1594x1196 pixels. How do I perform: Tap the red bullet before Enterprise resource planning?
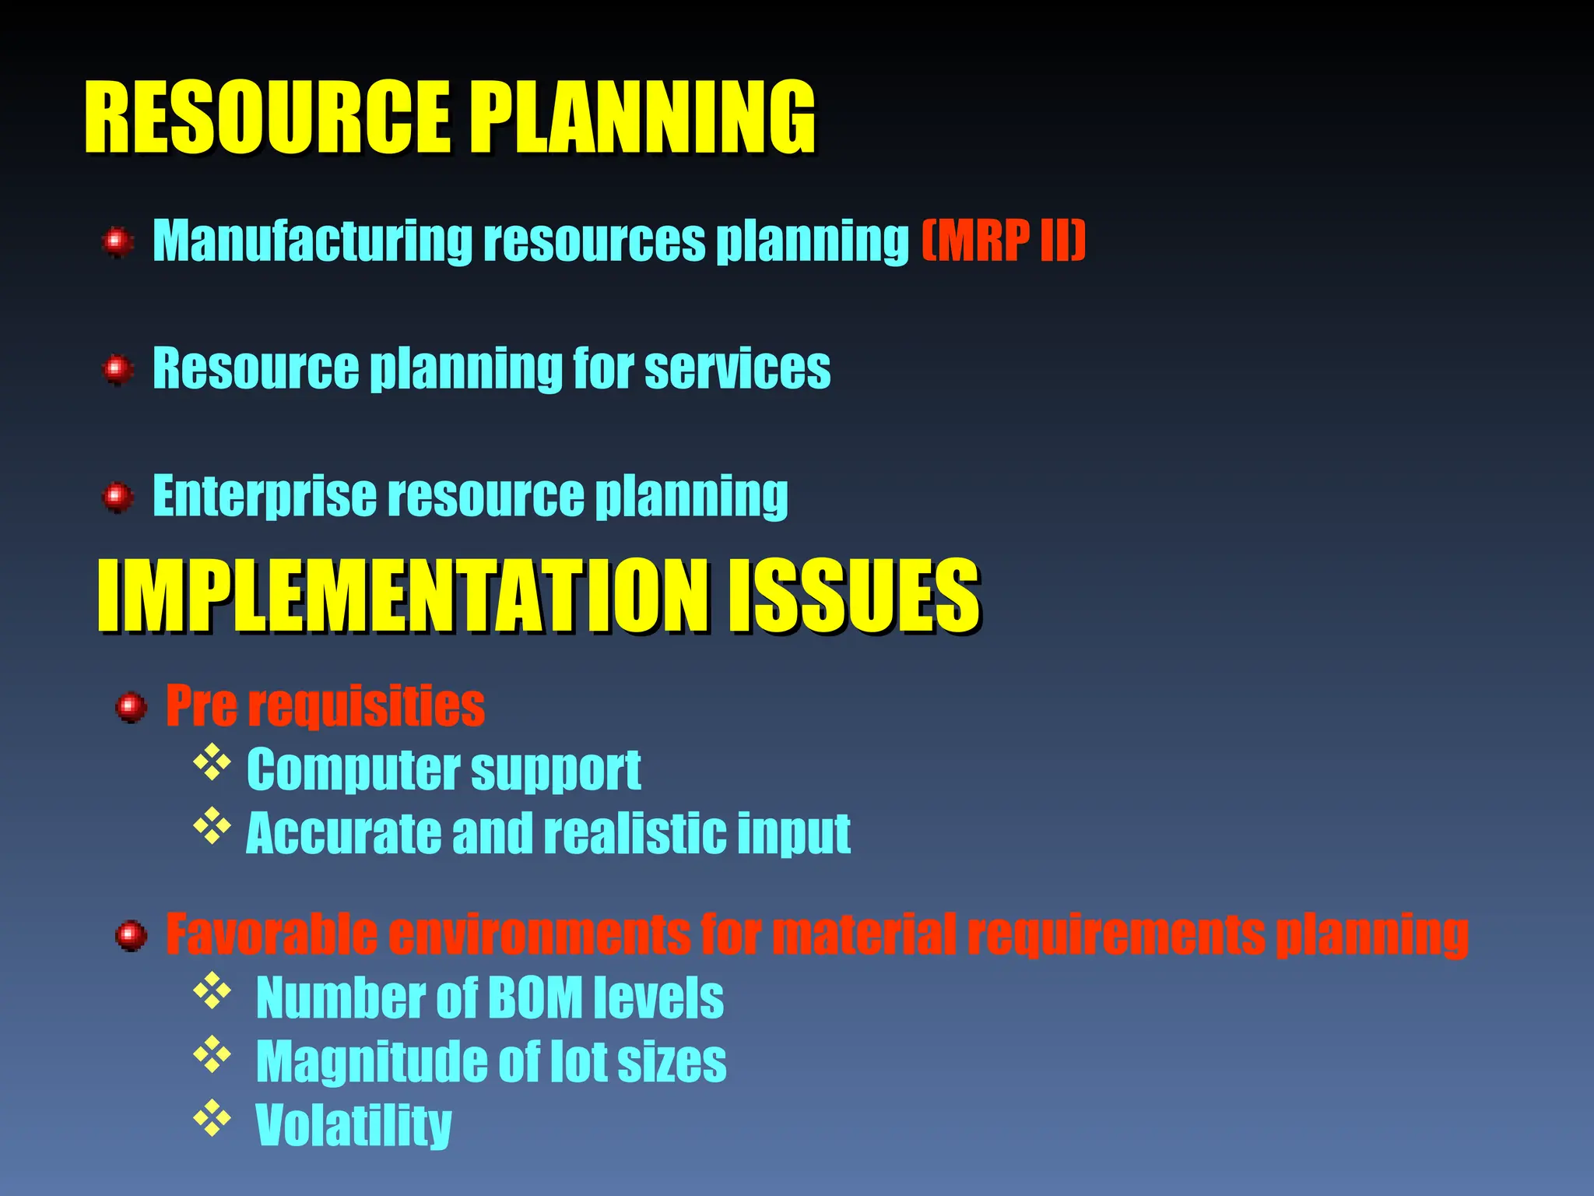[x=118, y=496]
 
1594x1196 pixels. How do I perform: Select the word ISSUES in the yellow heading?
[x=853, y=596]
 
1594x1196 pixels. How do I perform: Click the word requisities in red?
[x=367, y=705]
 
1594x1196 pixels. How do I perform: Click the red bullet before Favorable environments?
[x=131, y=935]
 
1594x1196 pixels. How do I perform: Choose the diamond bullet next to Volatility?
[x=212, y=1119]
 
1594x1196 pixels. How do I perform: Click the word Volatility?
[x=353, y=1125]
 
